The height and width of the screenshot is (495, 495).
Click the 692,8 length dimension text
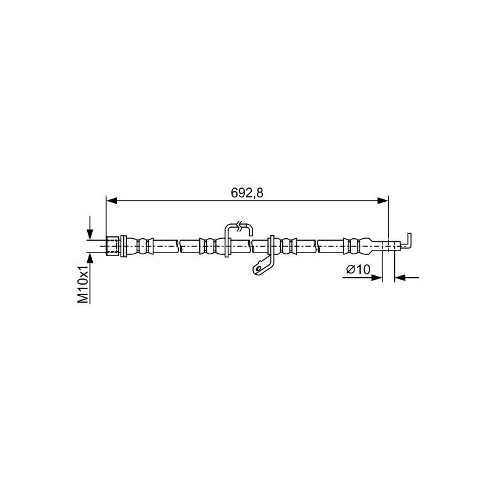[x=247, y=192]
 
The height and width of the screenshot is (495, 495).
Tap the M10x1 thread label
[x=83, y=285]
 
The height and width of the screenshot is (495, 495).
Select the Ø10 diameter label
[x=358, y=269]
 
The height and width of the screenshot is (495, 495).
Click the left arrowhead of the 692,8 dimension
[x=112, y=200]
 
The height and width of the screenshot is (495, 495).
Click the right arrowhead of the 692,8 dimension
[x=383, y=200]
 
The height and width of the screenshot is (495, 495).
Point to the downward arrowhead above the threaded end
[x=90, y=235]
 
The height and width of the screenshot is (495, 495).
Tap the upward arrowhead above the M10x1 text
[x=90, y=257]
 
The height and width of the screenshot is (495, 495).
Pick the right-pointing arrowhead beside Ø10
[x=377, y=277]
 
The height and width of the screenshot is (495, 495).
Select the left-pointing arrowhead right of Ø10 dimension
[x=400, y=277]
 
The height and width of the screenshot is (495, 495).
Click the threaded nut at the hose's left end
[x=113, y=246]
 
